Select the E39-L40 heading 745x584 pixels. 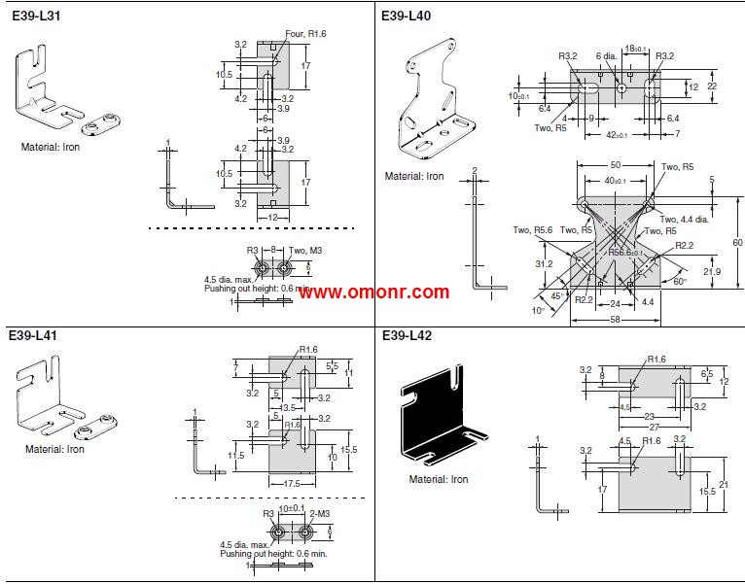[407, 17]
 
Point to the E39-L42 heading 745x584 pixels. [407, 336]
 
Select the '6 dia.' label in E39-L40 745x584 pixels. [608, 56]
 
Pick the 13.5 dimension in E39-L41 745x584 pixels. [288, 408]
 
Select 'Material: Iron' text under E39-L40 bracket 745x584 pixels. [414, 176]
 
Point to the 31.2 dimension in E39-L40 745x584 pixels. [544, 262]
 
